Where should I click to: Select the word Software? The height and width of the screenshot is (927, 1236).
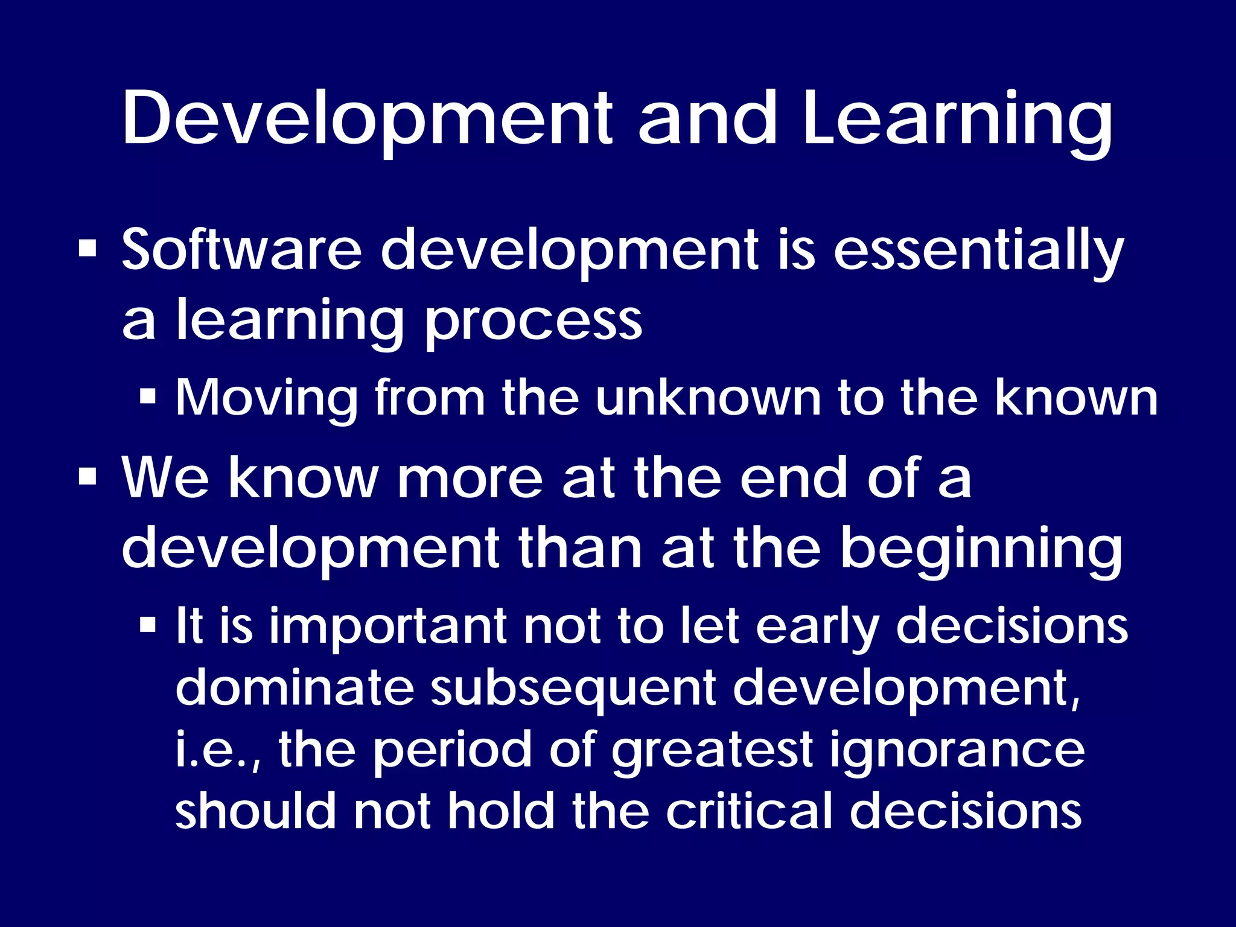241,249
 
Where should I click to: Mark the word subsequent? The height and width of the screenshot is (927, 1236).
573,689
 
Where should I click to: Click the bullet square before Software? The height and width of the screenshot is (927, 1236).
88,249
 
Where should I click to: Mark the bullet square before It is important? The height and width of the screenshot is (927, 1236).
147,625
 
